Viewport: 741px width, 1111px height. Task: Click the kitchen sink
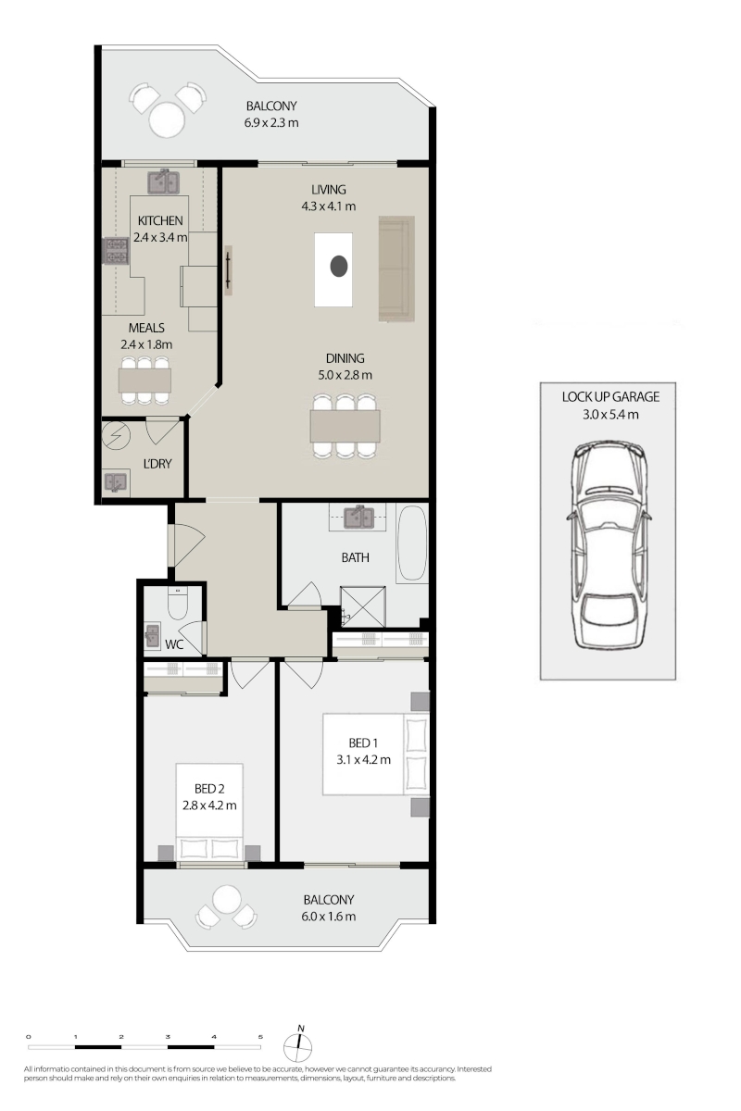[162, 182]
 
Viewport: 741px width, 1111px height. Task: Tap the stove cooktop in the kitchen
[116, 251]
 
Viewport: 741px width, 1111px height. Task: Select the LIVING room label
[329, 190]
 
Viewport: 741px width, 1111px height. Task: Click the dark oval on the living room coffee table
[339, 267]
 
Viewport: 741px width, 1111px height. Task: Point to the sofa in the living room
[396, 268]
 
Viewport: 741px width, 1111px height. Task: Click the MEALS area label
[146, 328]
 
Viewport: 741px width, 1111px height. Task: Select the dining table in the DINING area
[345, 426]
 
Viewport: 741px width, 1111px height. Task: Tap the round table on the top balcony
[167, 119]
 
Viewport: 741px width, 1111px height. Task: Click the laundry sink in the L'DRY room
[116, 482]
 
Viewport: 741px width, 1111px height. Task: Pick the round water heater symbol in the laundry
[116, 435]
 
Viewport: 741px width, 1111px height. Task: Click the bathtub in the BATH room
[411, 543]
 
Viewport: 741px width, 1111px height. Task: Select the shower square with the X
[363, 606]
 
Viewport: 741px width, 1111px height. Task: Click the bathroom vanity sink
[358, 518]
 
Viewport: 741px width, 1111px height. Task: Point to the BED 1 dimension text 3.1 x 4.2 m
[363, 759]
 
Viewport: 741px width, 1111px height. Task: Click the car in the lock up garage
[609, 545]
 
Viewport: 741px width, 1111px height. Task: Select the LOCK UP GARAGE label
[610, 397]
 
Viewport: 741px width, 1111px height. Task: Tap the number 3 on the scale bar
[168, 1037]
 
